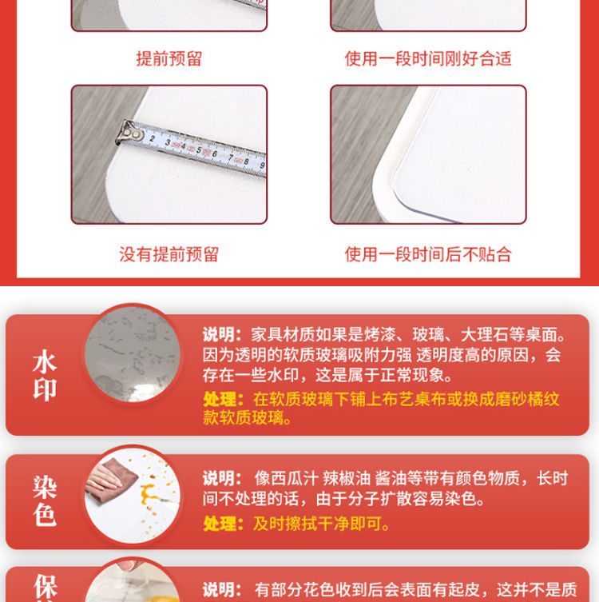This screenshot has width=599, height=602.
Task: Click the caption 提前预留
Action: pos(169,58)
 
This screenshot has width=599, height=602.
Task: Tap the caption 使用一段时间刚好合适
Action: pos(428,58)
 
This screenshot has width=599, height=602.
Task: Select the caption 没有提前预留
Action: pos(169,254)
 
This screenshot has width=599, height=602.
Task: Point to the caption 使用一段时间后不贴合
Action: pos(428,254)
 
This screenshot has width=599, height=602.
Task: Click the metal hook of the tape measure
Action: pos(129,133)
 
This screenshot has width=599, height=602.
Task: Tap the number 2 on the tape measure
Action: pos(153,138)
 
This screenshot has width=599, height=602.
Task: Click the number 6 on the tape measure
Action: pos(215,154)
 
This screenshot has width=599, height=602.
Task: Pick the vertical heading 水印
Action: pos(45,375)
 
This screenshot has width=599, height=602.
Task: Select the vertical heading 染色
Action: pos(45,500)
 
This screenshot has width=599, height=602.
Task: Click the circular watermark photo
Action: pos(133,354)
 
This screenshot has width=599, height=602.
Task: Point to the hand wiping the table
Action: pos(102,477)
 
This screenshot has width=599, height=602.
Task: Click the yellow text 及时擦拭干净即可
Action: pos(321,524)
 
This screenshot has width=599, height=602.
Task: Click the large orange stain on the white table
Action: pos(150,495)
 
